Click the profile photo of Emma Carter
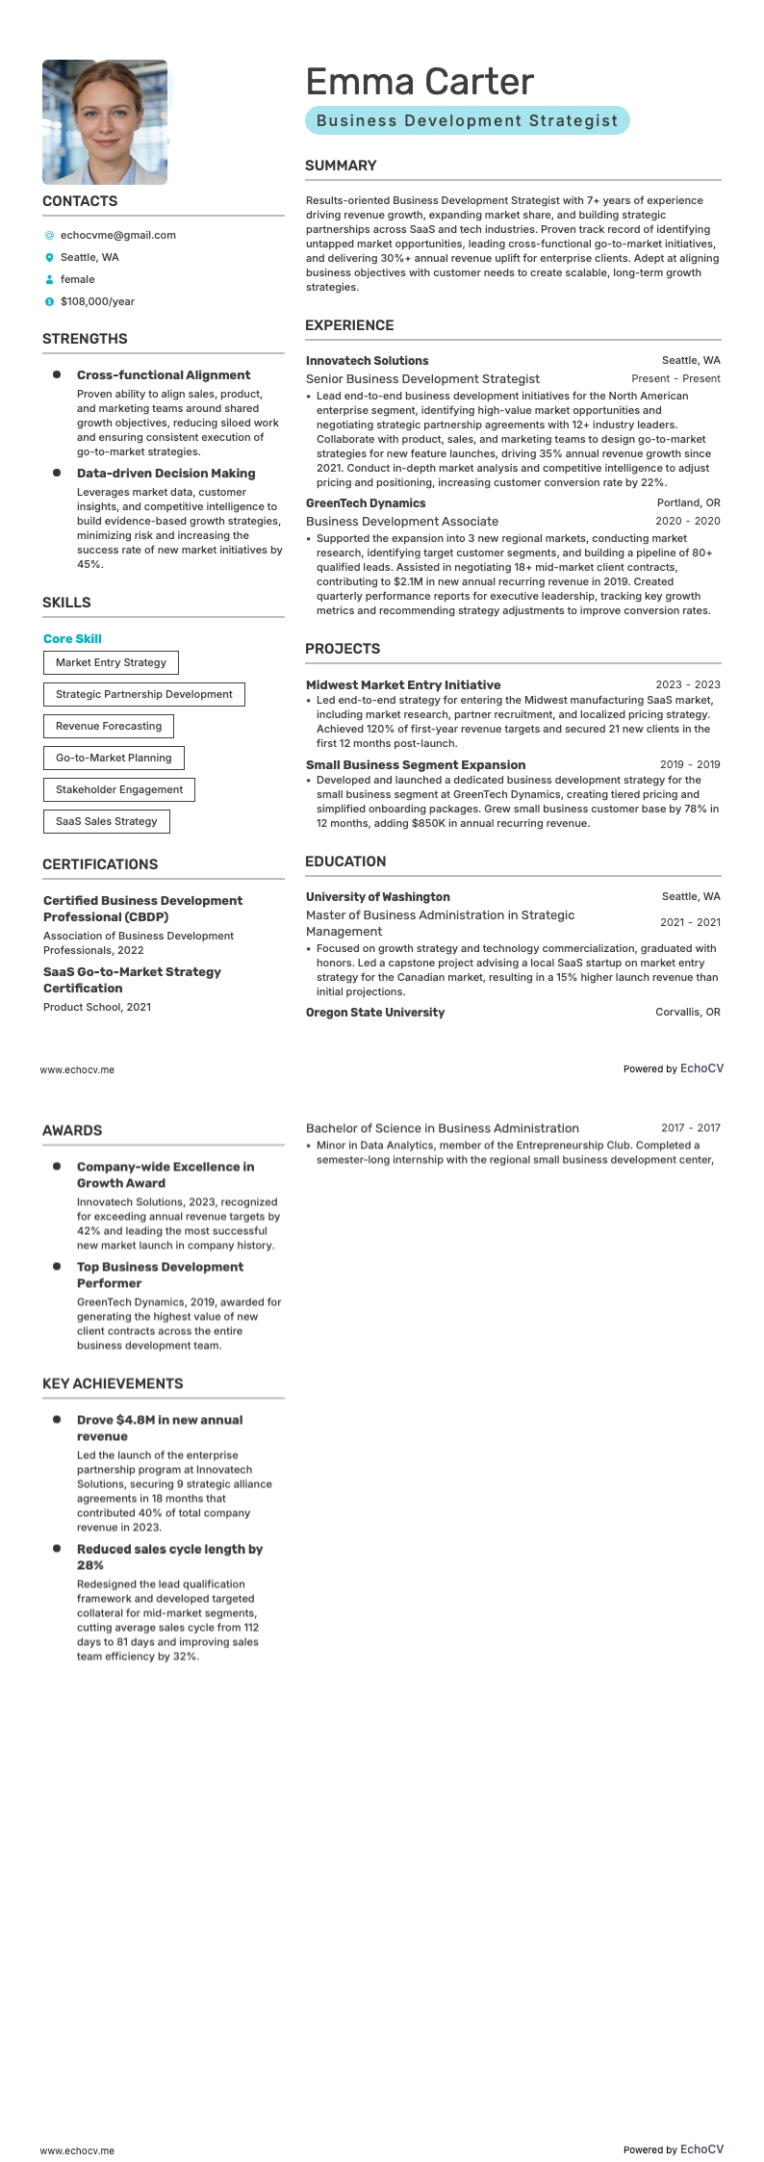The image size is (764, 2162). pyautogui.click(x=105, y=122)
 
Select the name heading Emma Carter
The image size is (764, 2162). pyautogui.click(x=419, y=82)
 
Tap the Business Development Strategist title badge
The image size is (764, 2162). pyautogui.click(x=467, y=120)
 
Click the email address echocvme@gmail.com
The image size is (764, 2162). pyautogui.click(x=117, y=235)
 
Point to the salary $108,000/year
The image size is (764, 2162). pyautogui.click(x=97, y=301)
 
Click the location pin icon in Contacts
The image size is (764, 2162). pyautogui.click(x=49, y=257)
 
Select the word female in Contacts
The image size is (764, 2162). pyautogui.click(x=77, y=279)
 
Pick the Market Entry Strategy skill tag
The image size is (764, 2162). pyautogui.click(x=111, y=662)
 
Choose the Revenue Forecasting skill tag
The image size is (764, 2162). pyautogui.click(x=108, y=726)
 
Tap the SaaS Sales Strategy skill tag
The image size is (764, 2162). pyautogui.click(x=106, y=821)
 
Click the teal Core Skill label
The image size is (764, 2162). pyautogui.click(x=72, y=639)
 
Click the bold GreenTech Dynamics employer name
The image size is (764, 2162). pyautogui.click(x=365, y=502)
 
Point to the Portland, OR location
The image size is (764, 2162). pyautogui.click(x=688, y=502)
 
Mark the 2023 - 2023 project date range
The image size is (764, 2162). pyautogui.click(x=687, y=685)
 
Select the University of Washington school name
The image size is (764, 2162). pyautogui.click(x=377, y=896)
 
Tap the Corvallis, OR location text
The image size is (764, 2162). pyautogui.click(x=687, y=1012)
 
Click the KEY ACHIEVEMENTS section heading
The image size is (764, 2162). pyautogui.click(x=113, y=1383)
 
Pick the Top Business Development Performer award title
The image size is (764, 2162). pyautogui.click(x=160, y=1274)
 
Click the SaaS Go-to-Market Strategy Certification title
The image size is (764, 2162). pyautogui.click(x=132, y=980)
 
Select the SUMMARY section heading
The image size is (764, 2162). pyautogui.click(x=341, y=166)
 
